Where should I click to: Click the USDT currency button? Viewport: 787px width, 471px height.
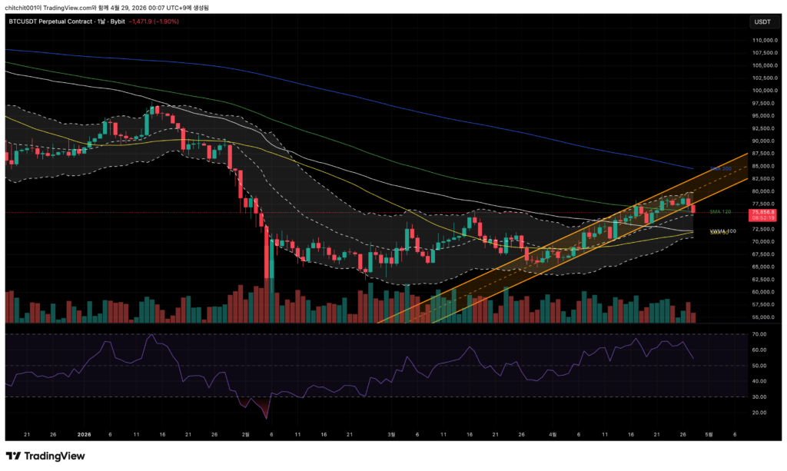[763, 21]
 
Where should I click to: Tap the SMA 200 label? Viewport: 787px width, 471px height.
[719, 168]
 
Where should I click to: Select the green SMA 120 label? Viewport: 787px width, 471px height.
[719, 211]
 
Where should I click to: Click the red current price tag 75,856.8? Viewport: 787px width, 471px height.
[762, 212]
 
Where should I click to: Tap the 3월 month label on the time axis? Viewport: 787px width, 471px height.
[391, 433]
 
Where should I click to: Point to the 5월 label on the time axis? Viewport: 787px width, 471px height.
[710, 433]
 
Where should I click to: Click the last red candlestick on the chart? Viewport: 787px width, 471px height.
[694, 209]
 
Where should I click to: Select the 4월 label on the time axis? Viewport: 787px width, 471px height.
[551, 433]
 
